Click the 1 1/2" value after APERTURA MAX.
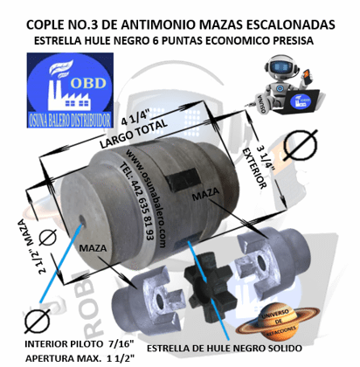click(x=149, y=357)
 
